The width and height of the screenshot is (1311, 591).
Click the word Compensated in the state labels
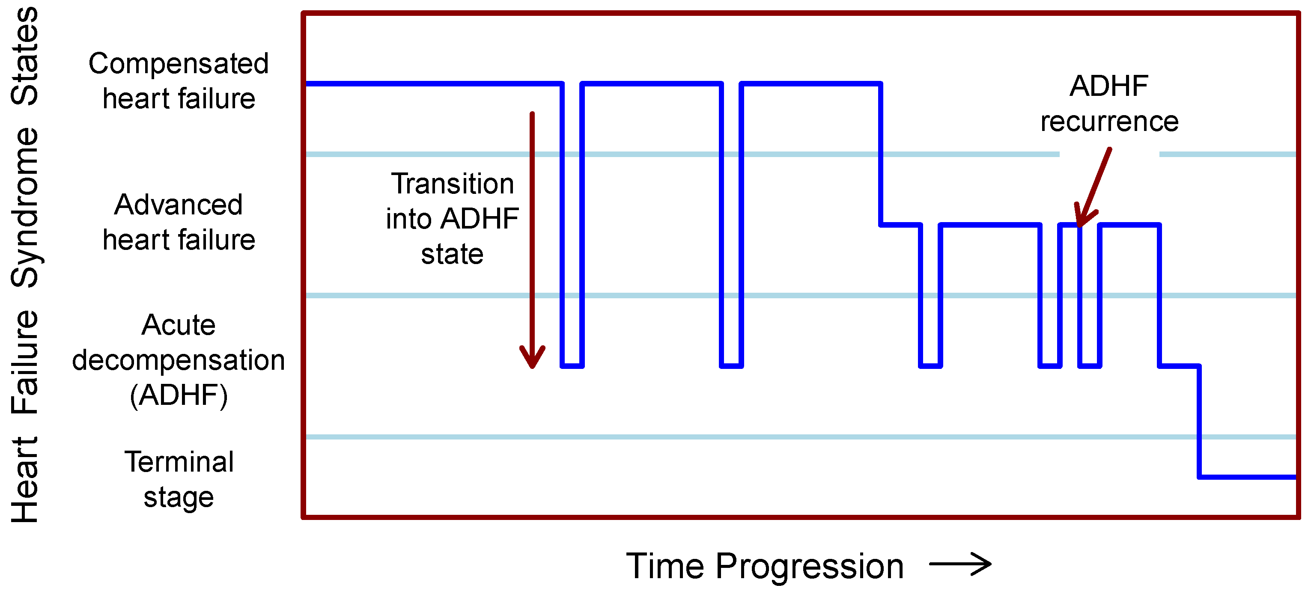pos(178,64)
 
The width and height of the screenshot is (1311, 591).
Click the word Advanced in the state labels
pos(178,205)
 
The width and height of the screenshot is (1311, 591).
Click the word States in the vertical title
pos(24,56)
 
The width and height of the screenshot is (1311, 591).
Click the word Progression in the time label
pos(809,566)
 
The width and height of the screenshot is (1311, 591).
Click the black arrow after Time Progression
pos(960,564)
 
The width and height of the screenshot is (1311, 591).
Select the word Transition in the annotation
pos(452,184)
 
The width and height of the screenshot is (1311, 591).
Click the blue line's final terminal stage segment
pos(1247,477)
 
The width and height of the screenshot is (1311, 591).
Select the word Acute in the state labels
pos(178,325)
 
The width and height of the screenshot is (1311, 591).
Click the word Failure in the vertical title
pos(24,362)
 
